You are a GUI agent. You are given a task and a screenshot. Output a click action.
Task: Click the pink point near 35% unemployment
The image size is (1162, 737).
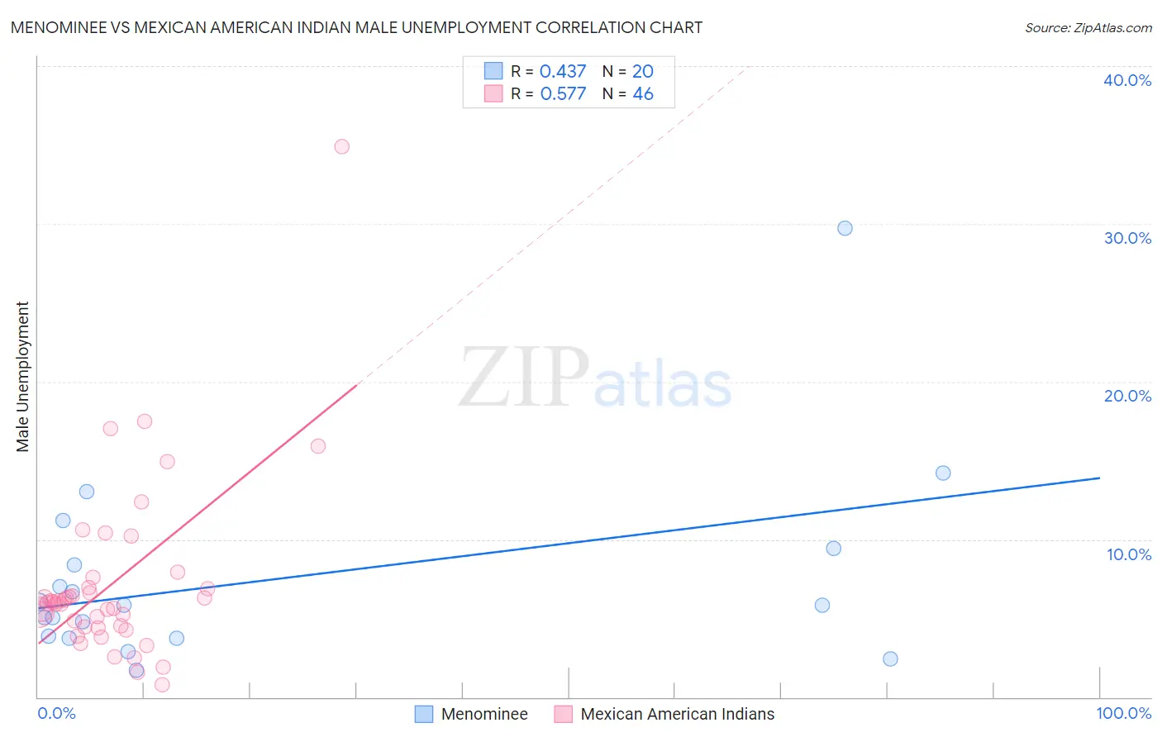[x=341, y=146]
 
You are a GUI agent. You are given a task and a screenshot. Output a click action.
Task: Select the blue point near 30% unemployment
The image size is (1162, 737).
[x=845, y=228]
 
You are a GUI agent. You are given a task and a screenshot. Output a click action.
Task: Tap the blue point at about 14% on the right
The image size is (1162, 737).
[x=943, y=473]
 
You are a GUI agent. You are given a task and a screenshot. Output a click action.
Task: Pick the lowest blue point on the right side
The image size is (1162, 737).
[x=890, y=659]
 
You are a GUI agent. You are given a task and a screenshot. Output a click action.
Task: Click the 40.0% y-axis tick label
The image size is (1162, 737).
[x=1127, y=80]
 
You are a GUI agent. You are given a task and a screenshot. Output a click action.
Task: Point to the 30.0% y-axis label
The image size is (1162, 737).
[x=1127, y=238]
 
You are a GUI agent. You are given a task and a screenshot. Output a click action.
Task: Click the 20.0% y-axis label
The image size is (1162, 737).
[x=1127, y=396]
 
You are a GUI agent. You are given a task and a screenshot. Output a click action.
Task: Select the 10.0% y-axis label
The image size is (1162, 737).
[x=1129, y=554]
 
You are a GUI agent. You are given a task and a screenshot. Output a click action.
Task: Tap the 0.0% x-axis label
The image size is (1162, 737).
[x=56, y=713]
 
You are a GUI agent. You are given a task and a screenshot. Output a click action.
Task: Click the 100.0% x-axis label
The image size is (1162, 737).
[x=1123, y=713]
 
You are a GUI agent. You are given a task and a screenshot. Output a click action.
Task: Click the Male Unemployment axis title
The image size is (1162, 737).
[x=22, y=377]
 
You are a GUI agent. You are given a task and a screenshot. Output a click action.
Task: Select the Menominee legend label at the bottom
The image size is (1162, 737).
[x=484, y=714]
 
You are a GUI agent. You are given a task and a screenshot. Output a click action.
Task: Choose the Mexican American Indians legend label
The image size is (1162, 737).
[x=678, y=714]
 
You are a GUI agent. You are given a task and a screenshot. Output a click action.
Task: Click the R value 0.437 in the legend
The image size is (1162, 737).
[x=563, y=71]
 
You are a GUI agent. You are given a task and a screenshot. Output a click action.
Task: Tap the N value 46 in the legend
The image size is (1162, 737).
[x=643, y=94]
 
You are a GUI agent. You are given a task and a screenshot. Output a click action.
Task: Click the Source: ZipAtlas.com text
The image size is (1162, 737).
[x=1088, y=27]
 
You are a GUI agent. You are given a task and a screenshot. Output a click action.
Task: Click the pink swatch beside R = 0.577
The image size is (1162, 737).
[x=493, y=93]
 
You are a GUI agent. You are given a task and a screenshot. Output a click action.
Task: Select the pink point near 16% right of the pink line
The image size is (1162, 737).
[x=317, y=446]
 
